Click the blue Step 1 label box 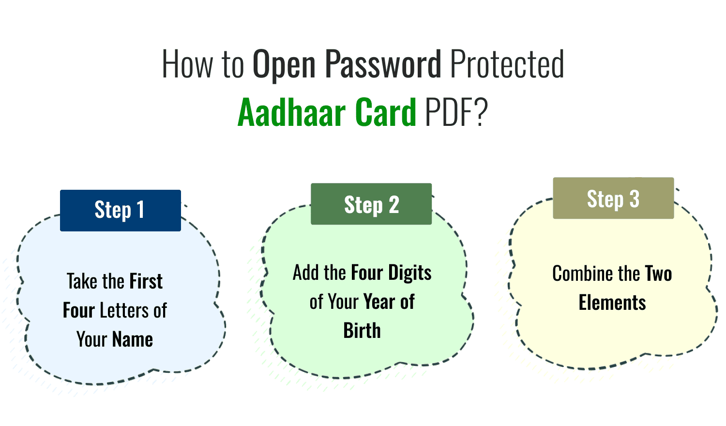(x=121, y=211)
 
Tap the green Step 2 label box (x=371, y=204)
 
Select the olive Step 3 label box (x=614, y=198)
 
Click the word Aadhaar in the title (x=292, y=112)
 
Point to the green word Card (x=385, y=112)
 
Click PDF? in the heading (x=456, y=112)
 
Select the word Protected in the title (x=507, y=63)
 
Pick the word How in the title (x=187, y=63)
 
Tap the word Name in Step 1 (x=132, y=339)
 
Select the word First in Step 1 (x=146, y=281)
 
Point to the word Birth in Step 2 (x=362, y=331)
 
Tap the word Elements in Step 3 (x=612, y=303)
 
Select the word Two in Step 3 (x=658, y=274)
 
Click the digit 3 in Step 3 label (x=634, y=199)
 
